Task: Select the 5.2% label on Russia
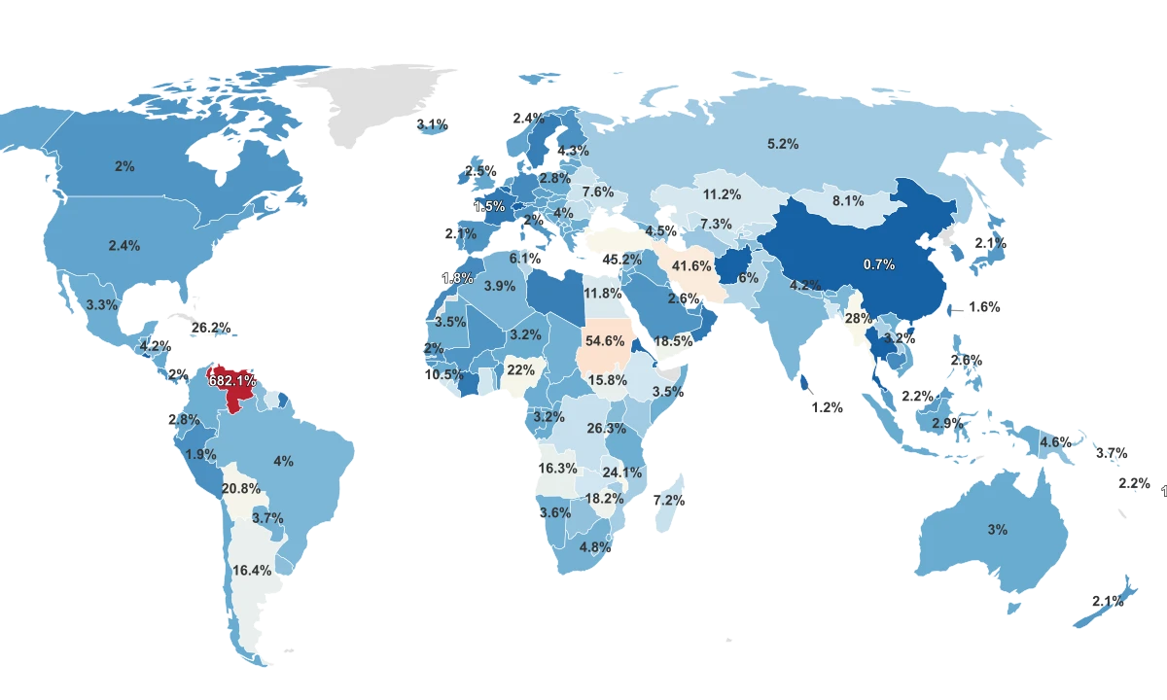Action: (783, 144)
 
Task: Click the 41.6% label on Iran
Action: (691, 266)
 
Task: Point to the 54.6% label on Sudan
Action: (605, 341)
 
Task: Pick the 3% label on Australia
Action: (998, 530)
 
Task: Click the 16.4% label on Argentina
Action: (251, 571)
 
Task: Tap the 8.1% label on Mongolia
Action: (848, 201)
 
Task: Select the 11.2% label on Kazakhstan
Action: (723, 194)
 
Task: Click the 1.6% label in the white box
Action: (984, 307)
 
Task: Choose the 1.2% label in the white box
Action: (828, 408)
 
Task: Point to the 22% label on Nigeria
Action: (521, 370)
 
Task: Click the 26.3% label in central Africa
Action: (607, 428)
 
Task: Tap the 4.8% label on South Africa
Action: (595, 547)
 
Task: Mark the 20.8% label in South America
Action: (241, 488)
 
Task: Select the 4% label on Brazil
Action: (284, 461)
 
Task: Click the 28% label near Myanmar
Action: (858, 319)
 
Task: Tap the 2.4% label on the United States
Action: (124, 246)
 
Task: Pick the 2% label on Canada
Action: (124, 166)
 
